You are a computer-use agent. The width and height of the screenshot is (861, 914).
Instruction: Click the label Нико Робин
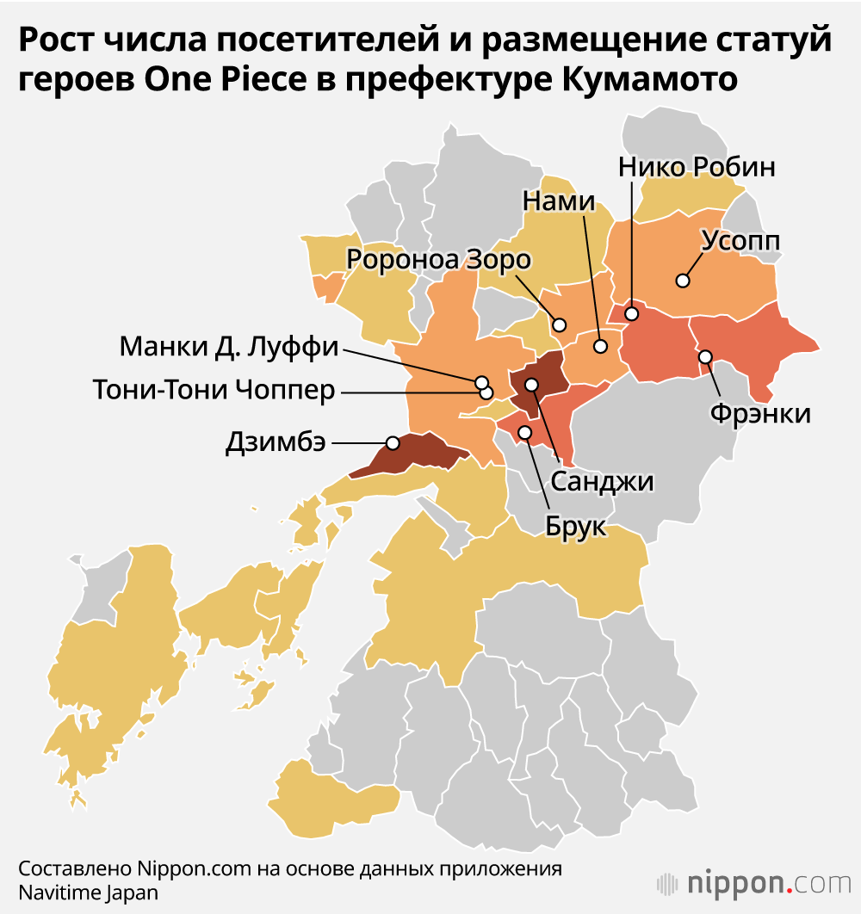click(x=697, y=166)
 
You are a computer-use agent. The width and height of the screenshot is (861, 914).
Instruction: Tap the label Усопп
click(x=740, y=241)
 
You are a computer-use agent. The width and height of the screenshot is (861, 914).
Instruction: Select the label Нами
click(x=559, y=201)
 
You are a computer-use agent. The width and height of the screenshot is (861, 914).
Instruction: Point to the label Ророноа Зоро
click(x=439, y=258)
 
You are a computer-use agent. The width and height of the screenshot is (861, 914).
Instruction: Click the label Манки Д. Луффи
click(x=229, y=348)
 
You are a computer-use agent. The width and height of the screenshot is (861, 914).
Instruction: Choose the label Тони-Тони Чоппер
click(x=214, y=391)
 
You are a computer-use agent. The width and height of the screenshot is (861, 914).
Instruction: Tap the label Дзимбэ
click(x=276, y=442)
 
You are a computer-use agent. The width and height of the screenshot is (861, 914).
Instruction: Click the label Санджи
click(x=602, y=482)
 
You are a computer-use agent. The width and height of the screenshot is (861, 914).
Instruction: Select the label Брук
click(x=576, y=525)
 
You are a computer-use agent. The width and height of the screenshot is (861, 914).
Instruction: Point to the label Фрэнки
click(x=760, y=414)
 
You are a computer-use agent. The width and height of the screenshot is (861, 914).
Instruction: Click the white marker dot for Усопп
click(x=683, y=281)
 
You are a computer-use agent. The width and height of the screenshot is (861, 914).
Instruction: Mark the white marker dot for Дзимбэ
click(x=393, y=442)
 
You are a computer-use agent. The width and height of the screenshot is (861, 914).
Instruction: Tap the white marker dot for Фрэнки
click(x=705, y=356)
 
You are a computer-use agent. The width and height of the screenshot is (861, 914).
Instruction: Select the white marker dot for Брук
click(x=524, y=430)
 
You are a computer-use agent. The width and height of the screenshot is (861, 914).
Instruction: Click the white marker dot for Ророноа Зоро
click(x=560, y=325)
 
